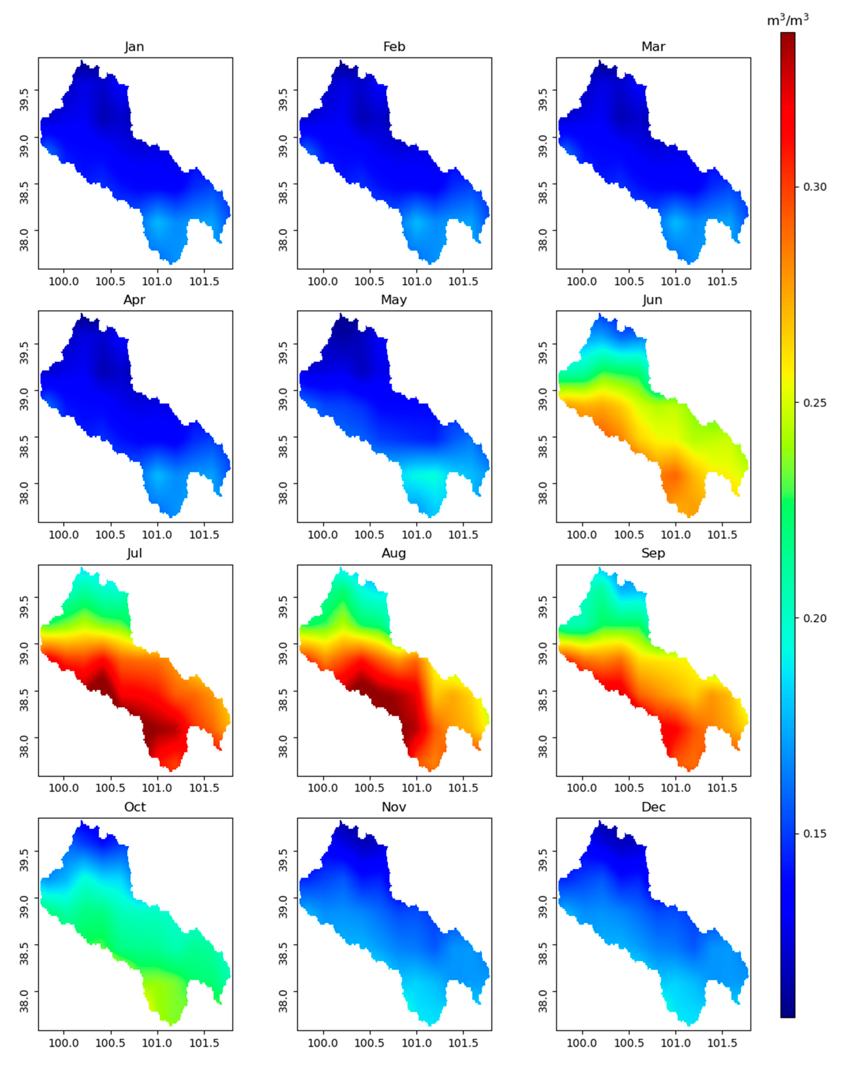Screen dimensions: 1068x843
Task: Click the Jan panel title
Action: point(134,47)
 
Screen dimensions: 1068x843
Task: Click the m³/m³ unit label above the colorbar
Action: point(788,20)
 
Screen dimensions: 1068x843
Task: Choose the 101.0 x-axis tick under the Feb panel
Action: point(417,282)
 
